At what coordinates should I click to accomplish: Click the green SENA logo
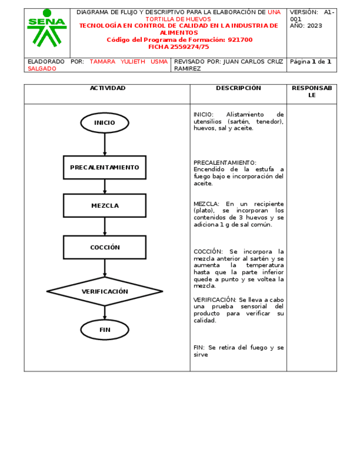click(47, 29)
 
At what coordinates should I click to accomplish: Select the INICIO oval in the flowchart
click(104, 123)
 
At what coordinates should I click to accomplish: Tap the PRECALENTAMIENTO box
click(104, 167)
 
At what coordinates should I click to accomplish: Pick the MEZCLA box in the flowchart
click(104, 206)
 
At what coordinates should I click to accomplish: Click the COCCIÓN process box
click(104, 247)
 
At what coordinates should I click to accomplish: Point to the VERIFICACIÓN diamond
click(104, 291)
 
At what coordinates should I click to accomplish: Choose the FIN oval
click(104, 330)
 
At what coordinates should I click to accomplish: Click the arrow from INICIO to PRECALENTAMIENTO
click(104, 144)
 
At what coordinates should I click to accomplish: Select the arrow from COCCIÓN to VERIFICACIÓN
click(104, 268)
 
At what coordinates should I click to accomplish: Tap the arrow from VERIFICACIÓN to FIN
click(104, 313)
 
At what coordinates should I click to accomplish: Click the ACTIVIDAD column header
click(108, 88)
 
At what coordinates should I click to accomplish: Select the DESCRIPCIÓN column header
click(238, 88)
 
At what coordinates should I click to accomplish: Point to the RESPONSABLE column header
click(312, 91)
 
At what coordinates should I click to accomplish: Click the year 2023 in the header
click(314, 26)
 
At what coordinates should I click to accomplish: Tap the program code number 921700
click(240, 40)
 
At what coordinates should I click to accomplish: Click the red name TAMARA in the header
click(102, 62)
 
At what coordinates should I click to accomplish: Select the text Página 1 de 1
click(310, 62)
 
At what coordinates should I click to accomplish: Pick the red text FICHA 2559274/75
click(179, 47)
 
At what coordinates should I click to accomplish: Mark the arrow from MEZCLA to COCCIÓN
click(104, 226)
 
